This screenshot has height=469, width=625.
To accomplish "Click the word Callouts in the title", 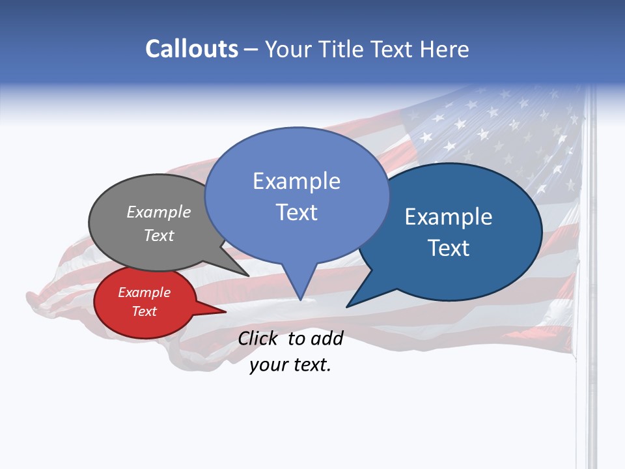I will pyautogui.click(x=191, y=49).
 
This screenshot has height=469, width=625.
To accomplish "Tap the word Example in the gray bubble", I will pyautogui.click(x=159, y=212).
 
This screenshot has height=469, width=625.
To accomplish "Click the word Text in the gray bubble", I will pyautogui.click(x=159, y=235).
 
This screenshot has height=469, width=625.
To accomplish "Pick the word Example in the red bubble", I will pyautogui.click(x=144, y=292).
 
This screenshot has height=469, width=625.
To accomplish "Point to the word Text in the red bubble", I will pyautogui.click(x=144, y=311).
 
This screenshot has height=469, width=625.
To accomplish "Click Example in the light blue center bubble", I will pyautogui.click(x=296, y=181).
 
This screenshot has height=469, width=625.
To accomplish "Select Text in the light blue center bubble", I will pyautogui.click(x=296, y=212).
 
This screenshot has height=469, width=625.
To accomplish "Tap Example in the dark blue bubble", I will pyautogui.click(x=449, y=217).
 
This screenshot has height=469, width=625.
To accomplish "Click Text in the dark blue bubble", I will pyautogui.click(x=449, y=248).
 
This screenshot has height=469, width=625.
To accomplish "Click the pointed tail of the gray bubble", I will pyautogui.click(x=247, y=276).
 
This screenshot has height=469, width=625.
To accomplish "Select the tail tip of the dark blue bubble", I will pyautogui.click(x=348, y=306).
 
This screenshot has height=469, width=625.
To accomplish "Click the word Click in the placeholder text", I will pyautogui.click(x=257, y=338).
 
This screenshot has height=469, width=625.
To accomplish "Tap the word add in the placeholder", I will pyautogui.click(x=326, y=338).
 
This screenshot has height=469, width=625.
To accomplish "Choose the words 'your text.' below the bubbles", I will pyautogui.click(x=290, y=365).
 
